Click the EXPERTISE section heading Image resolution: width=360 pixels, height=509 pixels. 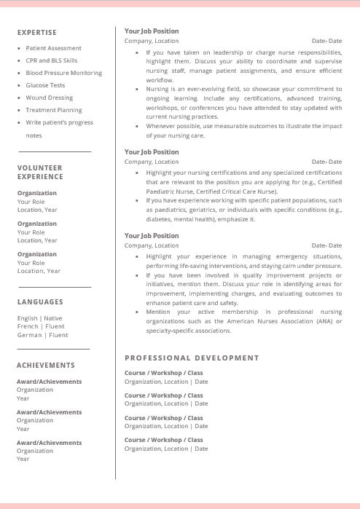36,33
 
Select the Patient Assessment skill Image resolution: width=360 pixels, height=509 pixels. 53,48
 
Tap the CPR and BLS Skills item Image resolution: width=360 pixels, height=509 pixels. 51,60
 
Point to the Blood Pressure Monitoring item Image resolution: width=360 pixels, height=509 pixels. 63,73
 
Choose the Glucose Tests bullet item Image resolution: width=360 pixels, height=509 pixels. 45,85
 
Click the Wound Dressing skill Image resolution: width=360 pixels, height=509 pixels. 49,98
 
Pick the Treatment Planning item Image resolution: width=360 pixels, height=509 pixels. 53,110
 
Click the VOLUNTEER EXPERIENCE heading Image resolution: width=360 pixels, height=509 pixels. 40,172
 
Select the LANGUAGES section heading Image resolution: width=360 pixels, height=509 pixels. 40,301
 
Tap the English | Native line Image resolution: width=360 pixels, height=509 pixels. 39,318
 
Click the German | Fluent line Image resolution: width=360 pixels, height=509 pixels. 42,335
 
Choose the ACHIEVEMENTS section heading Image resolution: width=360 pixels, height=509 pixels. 46,365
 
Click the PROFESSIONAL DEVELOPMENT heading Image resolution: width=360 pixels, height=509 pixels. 192,358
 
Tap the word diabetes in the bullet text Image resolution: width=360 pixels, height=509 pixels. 159,218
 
